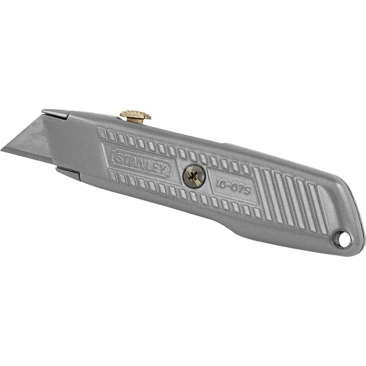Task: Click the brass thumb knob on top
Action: pyautogui.click(x=135, y=116)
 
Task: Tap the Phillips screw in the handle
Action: pyautogui.click(x=193, y=176)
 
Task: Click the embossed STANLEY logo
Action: pyautogui.click(x=142, y=162)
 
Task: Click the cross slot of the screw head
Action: pyautogui.click(x=193, y=176)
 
